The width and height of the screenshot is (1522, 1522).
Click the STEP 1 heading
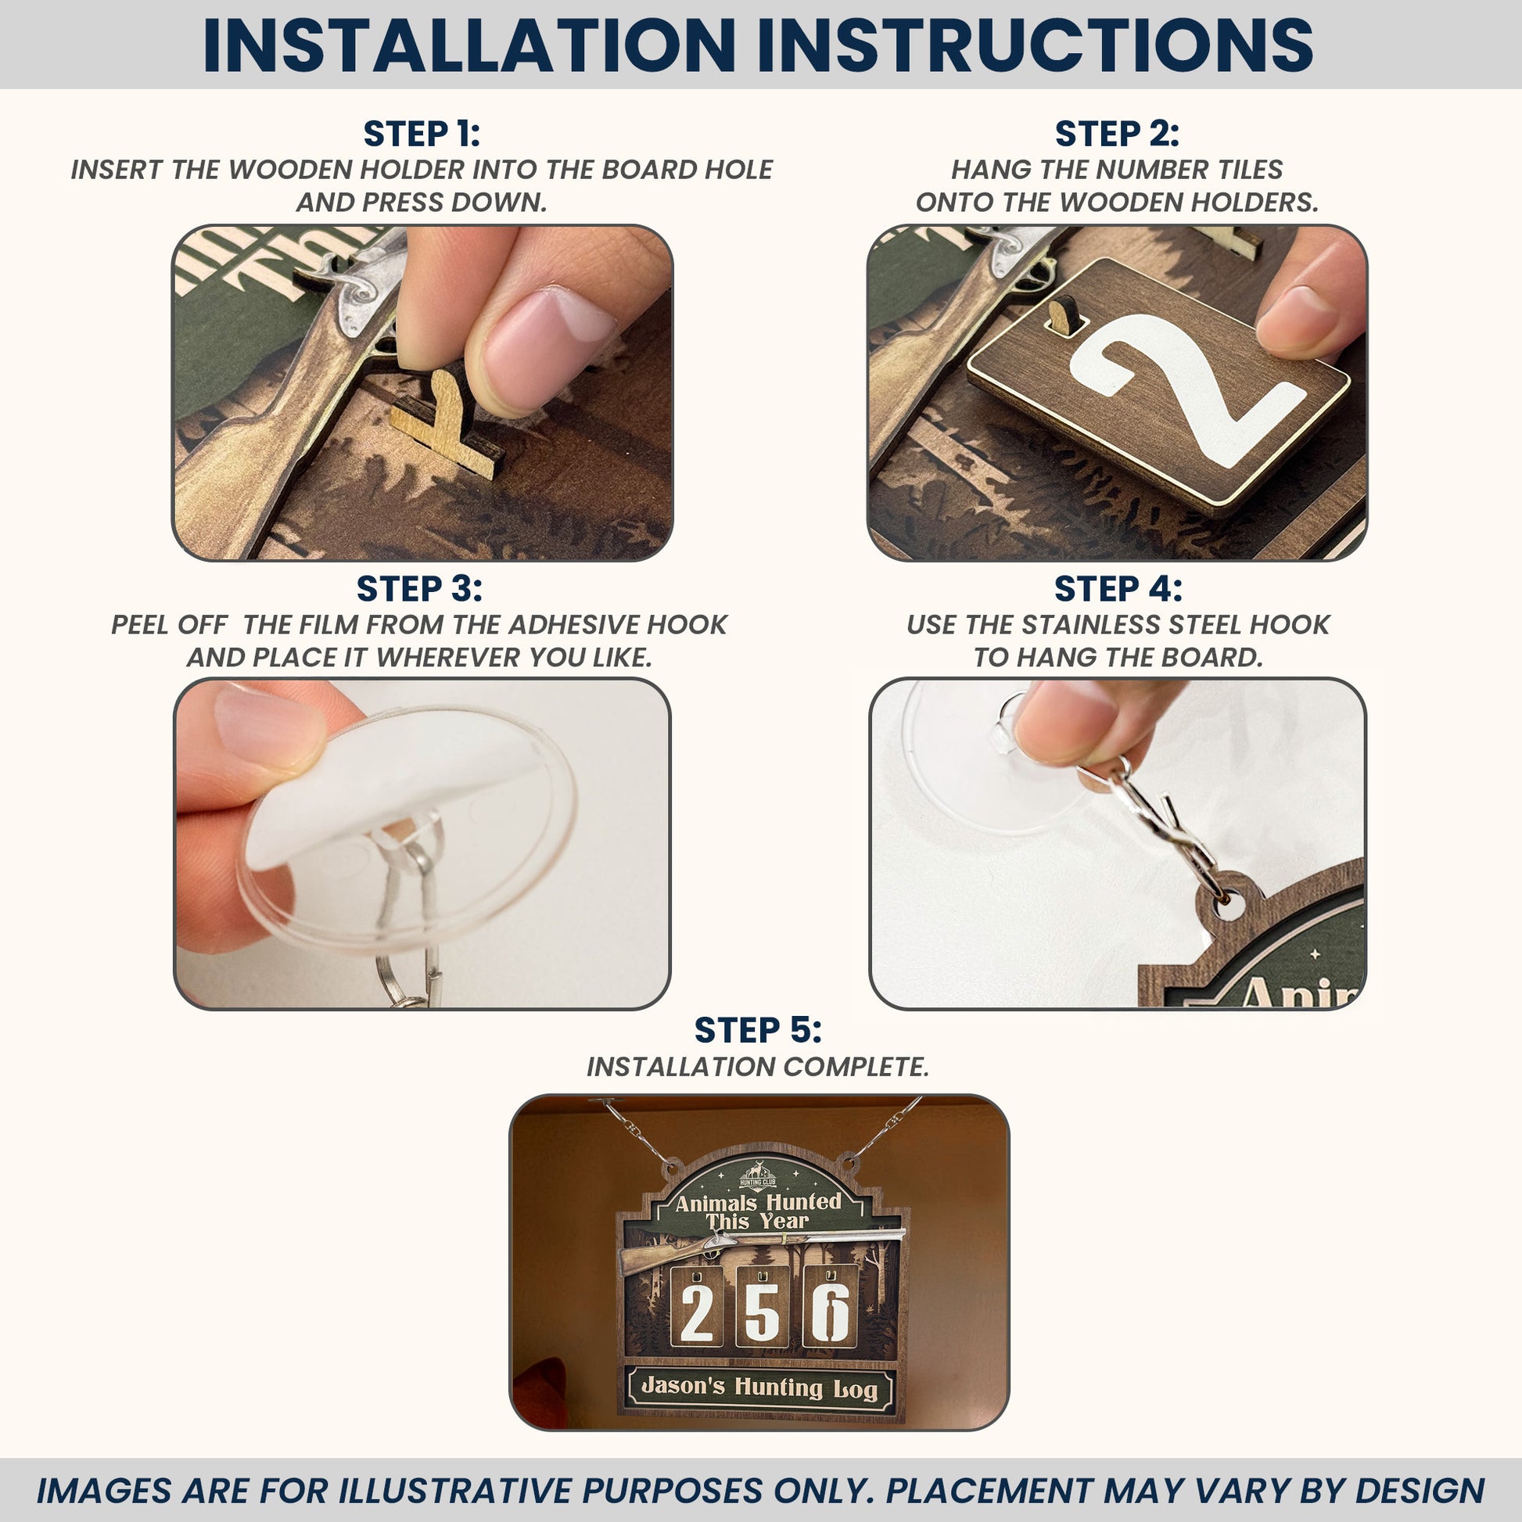point(422,134)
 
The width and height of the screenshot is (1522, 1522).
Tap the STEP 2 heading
point(1117,134)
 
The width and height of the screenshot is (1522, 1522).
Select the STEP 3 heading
point(419,588)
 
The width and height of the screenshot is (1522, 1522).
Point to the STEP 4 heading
point(1118,588)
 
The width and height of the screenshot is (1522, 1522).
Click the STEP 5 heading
point(758,1029)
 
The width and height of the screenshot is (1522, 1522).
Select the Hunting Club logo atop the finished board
point(758,1175)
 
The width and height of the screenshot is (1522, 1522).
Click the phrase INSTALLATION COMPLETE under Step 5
point(758,1067)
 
